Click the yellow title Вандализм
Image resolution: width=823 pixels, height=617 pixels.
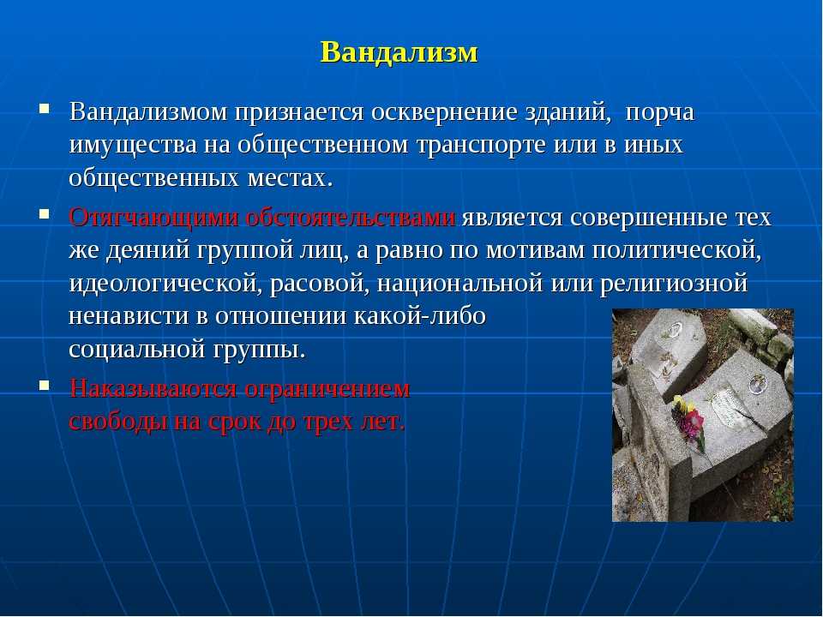[x=399, y=52]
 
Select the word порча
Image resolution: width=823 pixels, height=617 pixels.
[x=660, y=113]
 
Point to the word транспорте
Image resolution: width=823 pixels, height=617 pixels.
[x=481, y=146]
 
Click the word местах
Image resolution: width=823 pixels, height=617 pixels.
[x=290, y=178]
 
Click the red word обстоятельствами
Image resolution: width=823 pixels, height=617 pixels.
[x=350, y=218]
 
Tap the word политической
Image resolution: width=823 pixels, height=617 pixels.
[x=676, y=250]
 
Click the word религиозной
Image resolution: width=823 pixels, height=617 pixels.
[x=674, y=284]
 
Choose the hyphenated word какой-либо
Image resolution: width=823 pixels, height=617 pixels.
[x=420, y=316]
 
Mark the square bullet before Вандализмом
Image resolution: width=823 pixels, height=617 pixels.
[x=44, y=109]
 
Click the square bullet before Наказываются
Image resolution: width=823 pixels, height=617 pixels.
[x=44, y=386]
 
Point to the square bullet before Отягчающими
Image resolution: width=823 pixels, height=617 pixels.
[x=44, y=214]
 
